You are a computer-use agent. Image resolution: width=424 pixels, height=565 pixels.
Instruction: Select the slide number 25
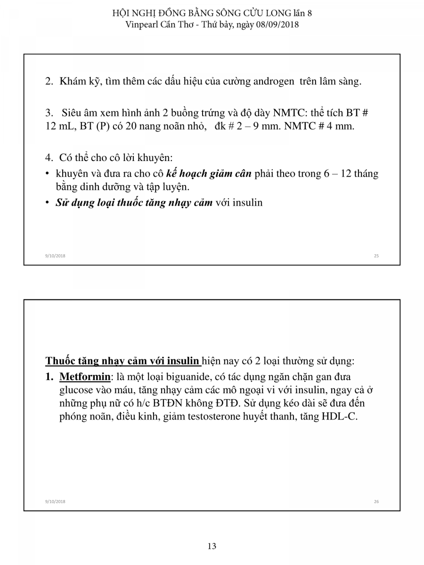[x=376, y=256]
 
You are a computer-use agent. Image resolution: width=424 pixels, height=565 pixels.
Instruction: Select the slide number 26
[x=376, y=502]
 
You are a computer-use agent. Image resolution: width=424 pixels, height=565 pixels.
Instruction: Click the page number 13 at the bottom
[x=212, y=546]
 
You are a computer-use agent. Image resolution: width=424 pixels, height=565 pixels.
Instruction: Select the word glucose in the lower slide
[x=76, y=390]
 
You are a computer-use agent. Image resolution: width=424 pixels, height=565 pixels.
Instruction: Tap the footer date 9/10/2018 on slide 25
[x=55, y=256]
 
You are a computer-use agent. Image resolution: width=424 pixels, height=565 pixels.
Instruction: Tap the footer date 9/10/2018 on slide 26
[x=55, y=502]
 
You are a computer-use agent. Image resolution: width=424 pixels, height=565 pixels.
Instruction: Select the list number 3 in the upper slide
[x=48, y=113]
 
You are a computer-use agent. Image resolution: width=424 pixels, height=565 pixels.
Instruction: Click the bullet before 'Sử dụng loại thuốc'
[x=48, y=203]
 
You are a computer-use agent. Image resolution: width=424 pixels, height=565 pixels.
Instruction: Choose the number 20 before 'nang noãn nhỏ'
[x=131, y=127]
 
